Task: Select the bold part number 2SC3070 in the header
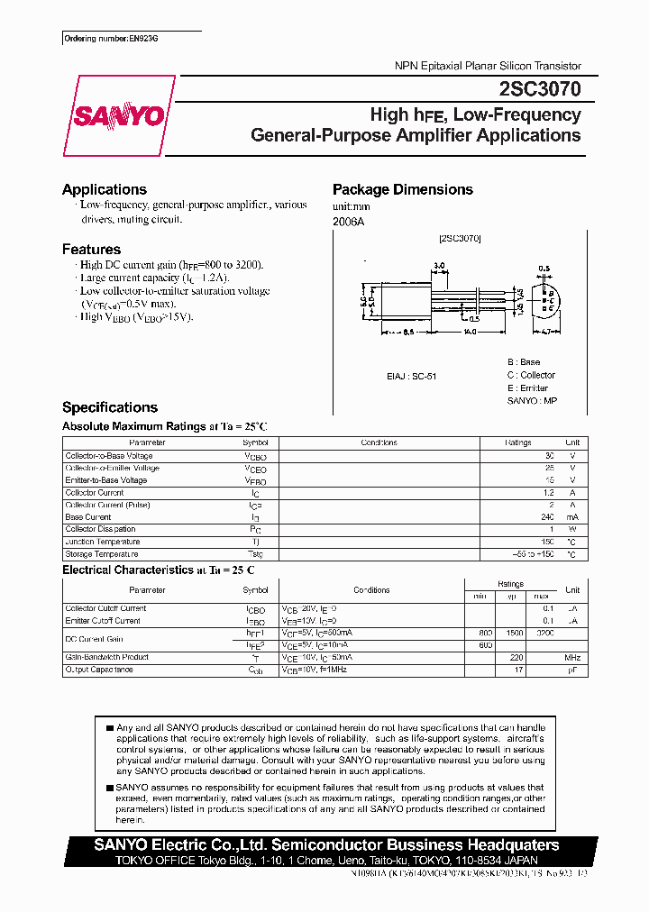coord(539,89)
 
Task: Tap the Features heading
coord(91,249)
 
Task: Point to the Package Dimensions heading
coord(402,189)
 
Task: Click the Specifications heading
coord(109,407)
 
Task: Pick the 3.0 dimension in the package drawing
coord(439,266)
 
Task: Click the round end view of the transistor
coord(545,299)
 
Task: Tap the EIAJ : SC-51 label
coord(411,376)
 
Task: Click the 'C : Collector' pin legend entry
coord(531,375)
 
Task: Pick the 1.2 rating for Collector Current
coord(549,493)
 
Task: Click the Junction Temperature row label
coord(103,542)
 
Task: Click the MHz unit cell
coord(572,657)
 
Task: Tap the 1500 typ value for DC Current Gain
coord(514,633)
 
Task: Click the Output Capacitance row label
coord(99,670)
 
